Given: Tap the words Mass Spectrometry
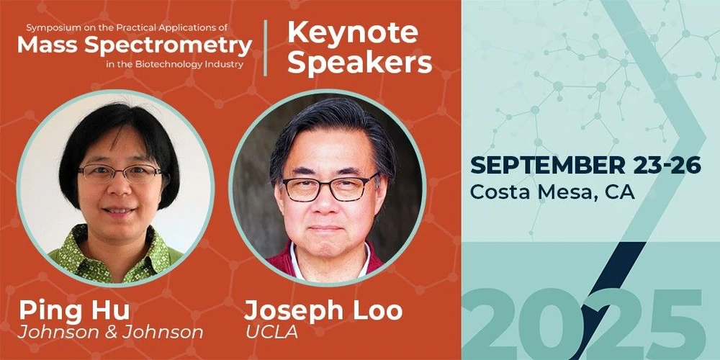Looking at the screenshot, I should click(135, 45).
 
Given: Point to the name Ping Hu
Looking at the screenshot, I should click(74, 310).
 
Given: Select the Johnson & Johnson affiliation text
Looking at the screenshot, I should click(111, 332).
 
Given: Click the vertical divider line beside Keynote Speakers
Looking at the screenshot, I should click(266, 48).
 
